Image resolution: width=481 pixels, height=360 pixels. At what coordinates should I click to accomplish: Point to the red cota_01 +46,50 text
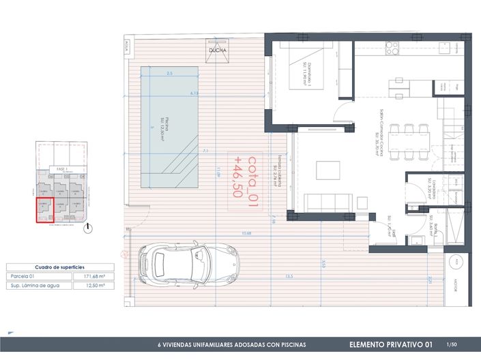click(246, 175)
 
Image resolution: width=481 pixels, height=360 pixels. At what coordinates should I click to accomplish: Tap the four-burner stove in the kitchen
click(392, 47)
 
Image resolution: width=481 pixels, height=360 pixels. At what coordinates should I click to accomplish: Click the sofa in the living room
click(328, 202)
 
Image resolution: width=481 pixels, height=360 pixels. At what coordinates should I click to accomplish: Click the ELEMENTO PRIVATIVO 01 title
click(390, 345)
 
